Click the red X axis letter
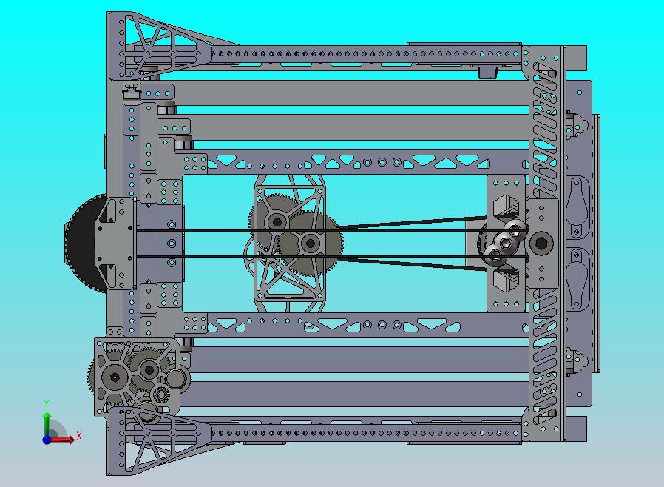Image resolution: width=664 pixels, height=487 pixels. click(x=79, y=436)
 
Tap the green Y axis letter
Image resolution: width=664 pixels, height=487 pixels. click(x=47, y=403)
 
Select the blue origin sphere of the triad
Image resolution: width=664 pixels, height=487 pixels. click(x=47, y=440)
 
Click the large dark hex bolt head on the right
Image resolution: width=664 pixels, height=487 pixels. click(x=541, y=243)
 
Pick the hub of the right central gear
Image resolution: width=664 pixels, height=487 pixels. click(x=310, y=243)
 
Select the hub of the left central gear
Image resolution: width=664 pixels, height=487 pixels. click(x=277, y=221)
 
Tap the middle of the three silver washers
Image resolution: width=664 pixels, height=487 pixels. click(x=505, y=243)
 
